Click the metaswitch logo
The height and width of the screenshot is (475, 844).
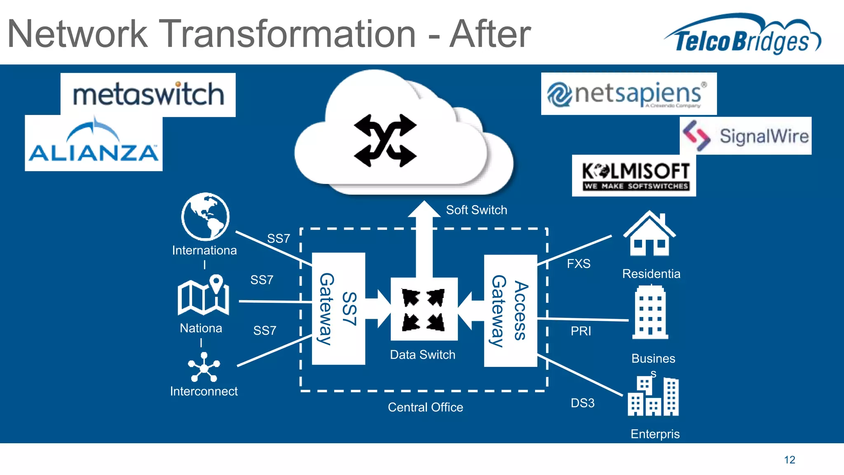click(x=148, y=95)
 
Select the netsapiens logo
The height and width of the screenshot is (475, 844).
click(x=628, y=94)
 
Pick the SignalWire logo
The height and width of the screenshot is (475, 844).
click(x=746, y=136)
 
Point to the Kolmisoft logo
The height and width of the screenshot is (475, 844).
click(x=634, y=176)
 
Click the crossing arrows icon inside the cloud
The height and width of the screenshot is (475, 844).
click(x=385, y=141)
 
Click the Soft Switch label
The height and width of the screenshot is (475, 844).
click(x=476, y=210)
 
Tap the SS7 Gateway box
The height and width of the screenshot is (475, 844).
click(x=338, y=309)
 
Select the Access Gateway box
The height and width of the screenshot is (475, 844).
click(x=510, y=311)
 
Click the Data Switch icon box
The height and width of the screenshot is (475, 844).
click(x=424, y=309)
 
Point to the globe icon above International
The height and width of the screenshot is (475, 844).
click(x=205, y=216)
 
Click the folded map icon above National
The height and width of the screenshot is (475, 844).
click(x=204, y=295)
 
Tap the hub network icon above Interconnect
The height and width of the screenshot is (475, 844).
click(x=204, y=367)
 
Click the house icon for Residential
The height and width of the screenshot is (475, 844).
click(x=649, y=234)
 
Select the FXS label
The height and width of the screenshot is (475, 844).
click(x=579, y=263)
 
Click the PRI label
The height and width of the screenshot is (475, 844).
click(x=581, y=331)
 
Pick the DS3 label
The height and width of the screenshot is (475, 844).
click(x=582, y=403)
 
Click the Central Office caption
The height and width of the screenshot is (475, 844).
click(x=425, y=407)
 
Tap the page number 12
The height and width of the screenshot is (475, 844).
click(x=789, y=460)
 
